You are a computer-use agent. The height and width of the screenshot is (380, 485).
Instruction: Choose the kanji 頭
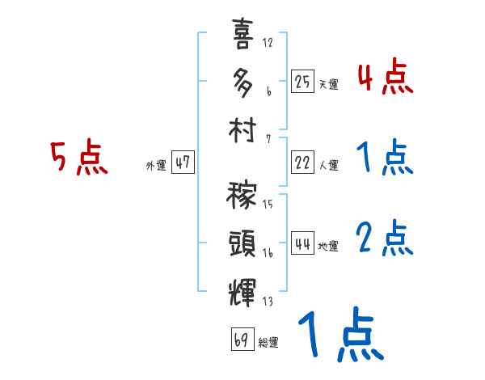click(242, 243)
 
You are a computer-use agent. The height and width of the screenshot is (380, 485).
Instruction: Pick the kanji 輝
click(242, 289)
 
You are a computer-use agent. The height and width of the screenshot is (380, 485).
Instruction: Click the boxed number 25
click(302, 81)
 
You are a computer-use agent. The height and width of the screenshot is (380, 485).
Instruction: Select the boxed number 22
click(302, 163)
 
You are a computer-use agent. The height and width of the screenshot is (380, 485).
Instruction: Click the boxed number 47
click(183, 163)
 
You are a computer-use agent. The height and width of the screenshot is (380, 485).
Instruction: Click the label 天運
click(327, 84)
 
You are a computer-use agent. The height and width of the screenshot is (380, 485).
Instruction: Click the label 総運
click(268, 342)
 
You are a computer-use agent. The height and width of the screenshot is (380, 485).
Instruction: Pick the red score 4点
click(385, 77)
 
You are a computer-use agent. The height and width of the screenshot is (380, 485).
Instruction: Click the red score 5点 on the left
click(78, 158)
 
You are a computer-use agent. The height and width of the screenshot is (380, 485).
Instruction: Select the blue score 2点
click(385, 239)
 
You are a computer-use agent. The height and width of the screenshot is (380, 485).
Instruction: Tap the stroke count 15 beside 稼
click(268, 204)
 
